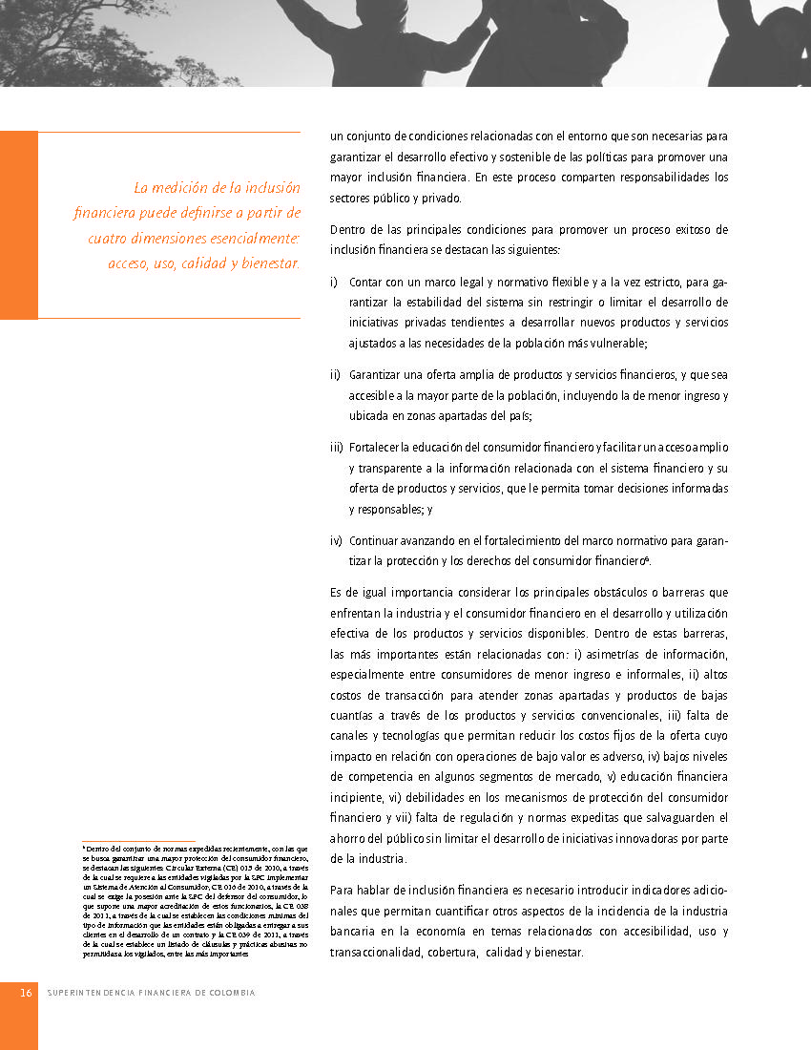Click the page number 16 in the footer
click(27, 993)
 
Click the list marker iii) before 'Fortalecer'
click(336, 447)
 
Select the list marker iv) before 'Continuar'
click(336, 540)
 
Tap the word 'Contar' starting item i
click(365, 283)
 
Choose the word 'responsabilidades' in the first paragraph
click(622, 178)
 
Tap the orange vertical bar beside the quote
click(18, 225)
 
